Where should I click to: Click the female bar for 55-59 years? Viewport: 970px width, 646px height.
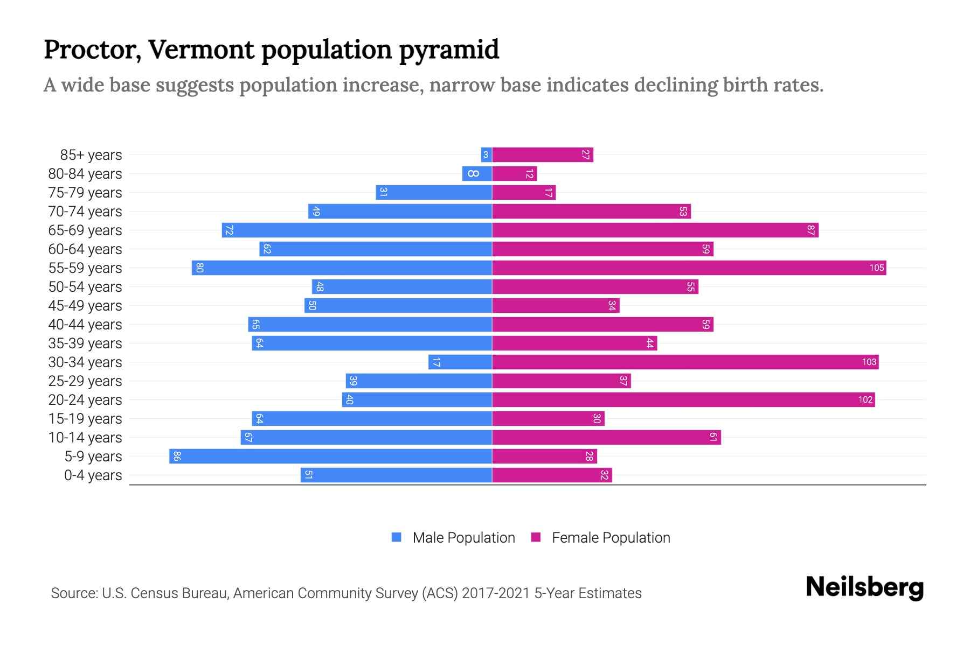coord(689,268)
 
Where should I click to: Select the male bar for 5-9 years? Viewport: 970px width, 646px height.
coord(330,456)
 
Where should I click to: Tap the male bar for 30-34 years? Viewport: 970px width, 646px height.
coord(460,362)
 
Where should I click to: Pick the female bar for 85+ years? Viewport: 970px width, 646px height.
coord(542,155)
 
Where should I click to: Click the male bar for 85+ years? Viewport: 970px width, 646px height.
coord(486,155)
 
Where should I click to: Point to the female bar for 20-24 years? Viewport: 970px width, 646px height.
coord(683,399)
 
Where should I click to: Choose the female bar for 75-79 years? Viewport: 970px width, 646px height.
coord(523,192)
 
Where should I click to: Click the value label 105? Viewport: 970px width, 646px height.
coord(876,268)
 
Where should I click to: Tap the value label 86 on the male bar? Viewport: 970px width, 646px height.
coord(177,456)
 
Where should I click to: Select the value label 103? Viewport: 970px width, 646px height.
coord(869,362)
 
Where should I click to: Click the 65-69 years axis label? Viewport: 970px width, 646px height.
coord(85,230)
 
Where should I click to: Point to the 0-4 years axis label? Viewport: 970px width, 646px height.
coord(93,475)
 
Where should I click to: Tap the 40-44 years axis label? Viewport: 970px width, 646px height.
coord(85,325)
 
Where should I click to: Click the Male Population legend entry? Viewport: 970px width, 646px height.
coord(453,537)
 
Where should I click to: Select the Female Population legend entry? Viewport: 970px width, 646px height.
coord(601,537)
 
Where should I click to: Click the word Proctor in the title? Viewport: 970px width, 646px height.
coord(92,50)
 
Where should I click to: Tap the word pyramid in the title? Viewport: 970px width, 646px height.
coord(449,50)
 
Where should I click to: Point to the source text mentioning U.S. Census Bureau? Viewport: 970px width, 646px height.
coord(346,593)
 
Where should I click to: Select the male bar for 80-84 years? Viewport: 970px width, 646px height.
coord(476,173)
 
